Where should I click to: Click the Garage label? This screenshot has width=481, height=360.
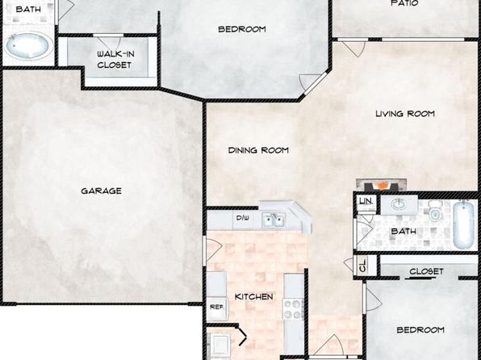101,190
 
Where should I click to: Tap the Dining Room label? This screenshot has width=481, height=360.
258,150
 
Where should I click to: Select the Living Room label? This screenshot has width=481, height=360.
405,114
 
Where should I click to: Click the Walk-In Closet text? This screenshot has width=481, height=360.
115,60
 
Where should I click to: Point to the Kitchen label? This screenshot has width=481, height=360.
253,297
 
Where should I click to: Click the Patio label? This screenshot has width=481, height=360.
404,3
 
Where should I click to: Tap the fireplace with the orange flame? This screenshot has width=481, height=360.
381,185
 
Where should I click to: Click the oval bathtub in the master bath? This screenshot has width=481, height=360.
27,46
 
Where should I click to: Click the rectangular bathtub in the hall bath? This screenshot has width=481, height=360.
464,224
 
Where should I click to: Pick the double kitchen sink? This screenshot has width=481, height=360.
274,220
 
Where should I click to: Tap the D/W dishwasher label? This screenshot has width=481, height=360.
242,218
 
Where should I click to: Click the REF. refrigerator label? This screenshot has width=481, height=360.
217,307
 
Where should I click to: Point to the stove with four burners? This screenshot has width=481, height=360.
293,309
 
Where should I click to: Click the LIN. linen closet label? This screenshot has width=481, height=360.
366,201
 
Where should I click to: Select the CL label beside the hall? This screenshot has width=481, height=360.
363,266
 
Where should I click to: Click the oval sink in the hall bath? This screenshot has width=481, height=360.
399,204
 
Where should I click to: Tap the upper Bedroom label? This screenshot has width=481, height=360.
242,29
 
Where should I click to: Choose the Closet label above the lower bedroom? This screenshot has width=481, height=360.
426,271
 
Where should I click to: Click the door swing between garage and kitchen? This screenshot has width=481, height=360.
214,249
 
